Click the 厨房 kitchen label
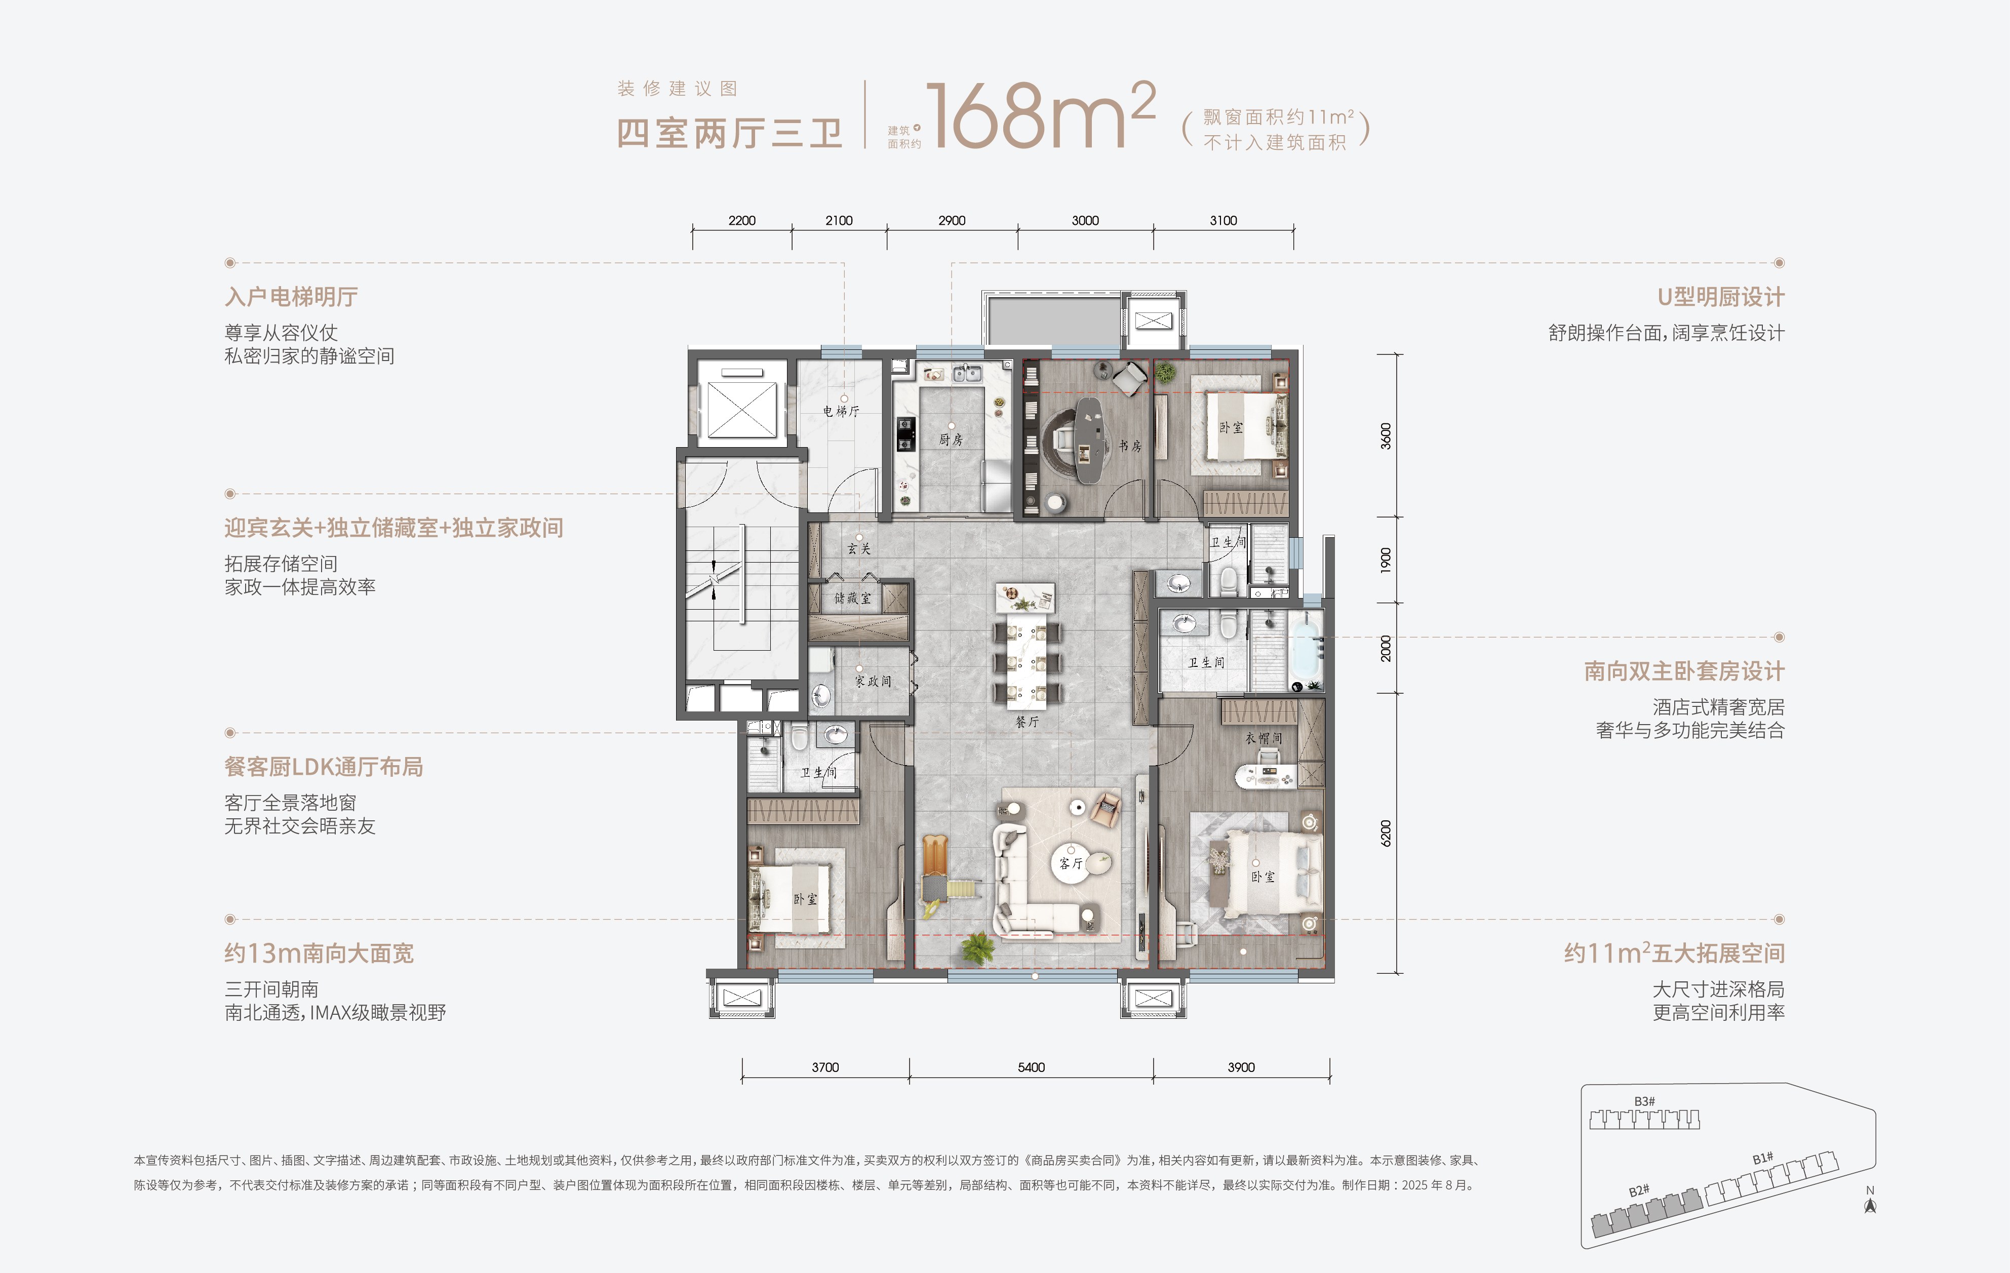pos(951,439)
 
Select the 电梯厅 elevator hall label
pos(841,411)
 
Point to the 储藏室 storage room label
pos(852,598)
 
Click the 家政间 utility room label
pos(873,681)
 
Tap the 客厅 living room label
pos(1071,863)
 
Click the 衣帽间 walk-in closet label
pos(1264,738)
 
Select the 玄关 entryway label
pos(859,548)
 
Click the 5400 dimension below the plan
pos(1031,1067)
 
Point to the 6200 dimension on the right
pos(1386,833)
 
